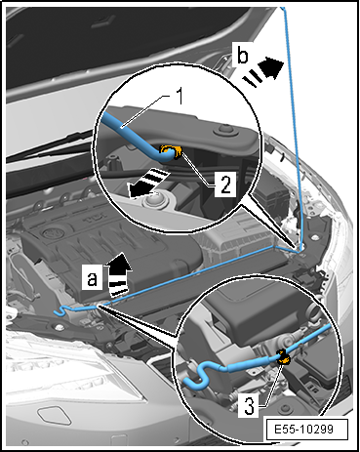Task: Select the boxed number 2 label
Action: (x=224, y=184)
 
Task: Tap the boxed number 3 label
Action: (x=249, y=406)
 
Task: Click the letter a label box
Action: (x=92, y=276)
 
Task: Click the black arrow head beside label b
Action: (x=272, y=67)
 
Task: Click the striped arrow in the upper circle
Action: (x=148, y=183)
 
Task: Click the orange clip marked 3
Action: (x=284, y=357)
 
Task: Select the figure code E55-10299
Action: (x=303, y=430)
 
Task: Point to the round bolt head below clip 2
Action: (x=155, y=200)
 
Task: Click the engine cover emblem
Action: (x=50, y=233)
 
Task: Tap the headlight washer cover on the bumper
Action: (x=55, y=416)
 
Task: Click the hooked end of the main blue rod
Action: (x=61, y=310)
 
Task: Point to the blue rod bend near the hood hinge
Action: (x=300, y=250)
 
